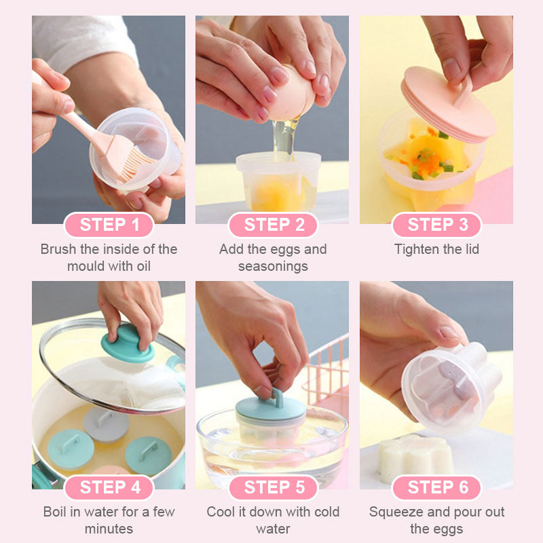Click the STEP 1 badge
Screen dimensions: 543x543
(109, 225)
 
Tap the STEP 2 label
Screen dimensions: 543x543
(274, 225)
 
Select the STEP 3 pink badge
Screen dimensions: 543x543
(436, 225)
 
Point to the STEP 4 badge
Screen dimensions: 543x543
(109, 487)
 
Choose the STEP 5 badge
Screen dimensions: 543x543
(274, 487)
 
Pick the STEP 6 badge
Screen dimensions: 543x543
(436, 487)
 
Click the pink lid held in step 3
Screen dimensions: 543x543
(449, 104)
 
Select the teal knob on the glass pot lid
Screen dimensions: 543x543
(128, 343)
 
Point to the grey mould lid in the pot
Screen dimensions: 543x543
(107, 424)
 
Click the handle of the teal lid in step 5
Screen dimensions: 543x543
(276, 398)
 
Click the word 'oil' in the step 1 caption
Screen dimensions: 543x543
(143, 266)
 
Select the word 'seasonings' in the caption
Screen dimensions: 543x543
(273, 267)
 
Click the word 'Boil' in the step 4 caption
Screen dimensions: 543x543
(55, 512)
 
